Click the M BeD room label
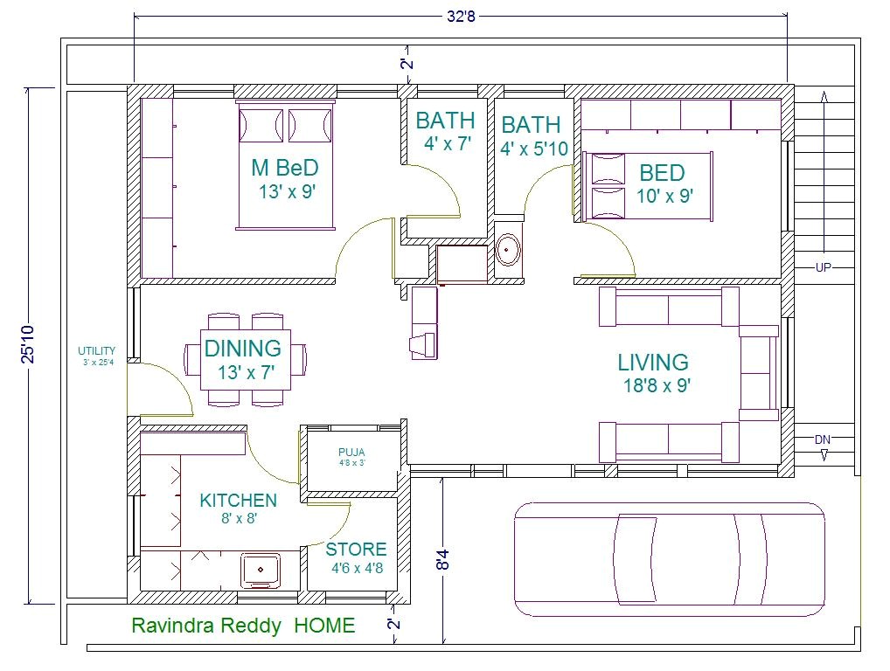point(285,168)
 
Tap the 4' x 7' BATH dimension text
point(447,144)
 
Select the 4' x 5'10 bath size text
point(533,149)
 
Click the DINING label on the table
point(243,349)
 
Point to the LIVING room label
point(653,362)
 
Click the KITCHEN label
point(238,501)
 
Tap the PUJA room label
point(351,453)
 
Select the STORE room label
point(356,550)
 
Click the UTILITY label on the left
point(96,351)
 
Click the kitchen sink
point(261,570)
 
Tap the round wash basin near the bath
point(507,251)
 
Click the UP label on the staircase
point(823,268)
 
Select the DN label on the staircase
point(823,439)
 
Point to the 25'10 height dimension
point(29,344)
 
